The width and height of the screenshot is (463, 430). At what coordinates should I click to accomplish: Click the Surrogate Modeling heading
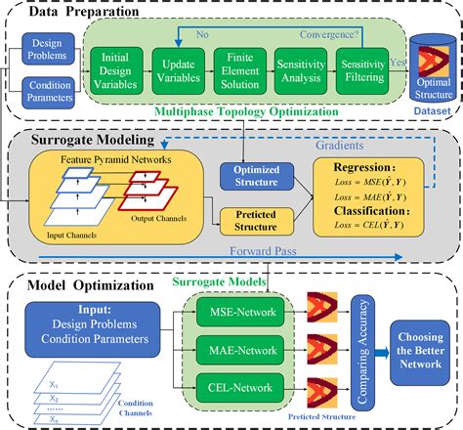[x=83, y=141]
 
